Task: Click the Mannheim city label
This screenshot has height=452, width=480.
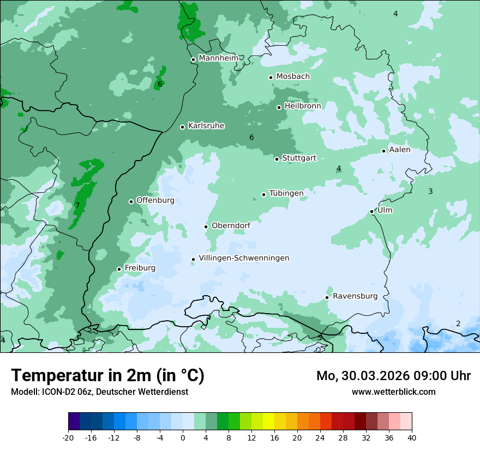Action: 218,58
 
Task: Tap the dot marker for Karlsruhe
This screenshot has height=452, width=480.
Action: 182,127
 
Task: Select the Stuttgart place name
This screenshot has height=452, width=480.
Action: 299,158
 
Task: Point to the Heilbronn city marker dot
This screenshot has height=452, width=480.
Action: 279,107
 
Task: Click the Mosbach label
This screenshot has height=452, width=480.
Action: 293,76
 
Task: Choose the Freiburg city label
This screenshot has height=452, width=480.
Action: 140,268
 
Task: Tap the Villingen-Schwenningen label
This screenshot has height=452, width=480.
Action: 244,258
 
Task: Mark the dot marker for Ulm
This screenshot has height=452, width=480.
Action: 371,211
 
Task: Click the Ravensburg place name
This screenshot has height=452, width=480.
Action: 355,296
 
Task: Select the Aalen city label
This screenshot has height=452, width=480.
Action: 400,150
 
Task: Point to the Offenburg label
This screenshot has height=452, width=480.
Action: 155,200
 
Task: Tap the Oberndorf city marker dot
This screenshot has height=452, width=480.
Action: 206,227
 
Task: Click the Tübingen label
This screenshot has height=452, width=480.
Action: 286,193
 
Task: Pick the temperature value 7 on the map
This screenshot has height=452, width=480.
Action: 77,205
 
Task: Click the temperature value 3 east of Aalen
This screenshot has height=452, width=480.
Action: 430,191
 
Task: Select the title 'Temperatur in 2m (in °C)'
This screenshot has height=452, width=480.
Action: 107,376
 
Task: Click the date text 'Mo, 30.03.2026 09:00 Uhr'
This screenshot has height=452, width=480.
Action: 393,376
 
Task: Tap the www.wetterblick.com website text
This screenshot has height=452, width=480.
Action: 393,392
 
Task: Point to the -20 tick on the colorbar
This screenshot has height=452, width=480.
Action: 68,437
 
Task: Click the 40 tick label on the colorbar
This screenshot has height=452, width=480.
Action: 411,437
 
